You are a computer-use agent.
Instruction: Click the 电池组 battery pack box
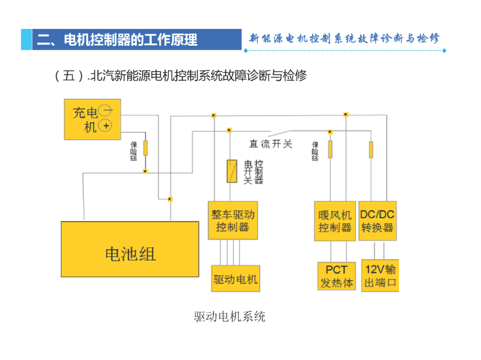coord(130,249)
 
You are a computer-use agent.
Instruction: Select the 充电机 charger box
coord(92,119)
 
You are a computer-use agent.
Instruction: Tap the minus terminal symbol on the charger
coord(106,111)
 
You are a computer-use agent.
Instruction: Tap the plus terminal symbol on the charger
coord(106,125)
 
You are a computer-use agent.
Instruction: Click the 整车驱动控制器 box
coord(233,220)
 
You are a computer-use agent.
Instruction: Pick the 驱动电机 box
coord(236,279)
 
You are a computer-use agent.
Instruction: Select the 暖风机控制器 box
coord(335,221)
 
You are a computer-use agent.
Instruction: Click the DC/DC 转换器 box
coord(378,221)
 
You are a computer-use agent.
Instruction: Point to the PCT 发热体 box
coord(337,276)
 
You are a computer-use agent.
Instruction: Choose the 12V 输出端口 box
coord(380,276)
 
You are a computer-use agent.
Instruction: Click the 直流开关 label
coord(271,144)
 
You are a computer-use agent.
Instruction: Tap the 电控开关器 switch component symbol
coord(232,171)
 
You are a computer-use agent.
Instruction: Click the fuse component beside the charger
coord(145,148)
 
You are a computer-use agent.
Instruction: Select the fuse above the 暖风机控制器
coord(330,149)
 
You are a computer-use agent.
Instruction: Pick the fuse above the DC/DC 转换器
coord(371,150)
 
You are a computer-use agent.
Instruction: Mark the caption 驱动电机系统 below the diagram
coord(229,316)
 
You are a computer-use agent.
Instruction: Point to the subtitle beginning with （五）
coord(180,76)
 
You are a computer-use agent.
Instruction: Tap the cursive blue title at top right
coord(344,39)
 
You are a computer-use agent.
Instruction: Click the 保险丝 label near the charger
coord(134,151)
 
